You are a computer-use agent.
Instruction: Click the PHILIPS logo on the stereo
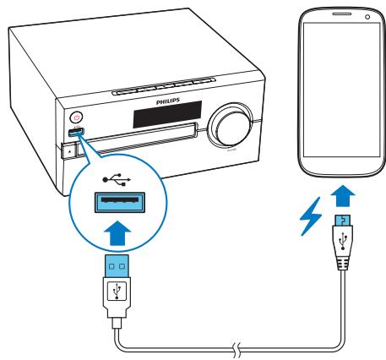[169, 99]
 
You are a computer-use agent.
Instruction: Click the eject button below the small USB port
[69, 151]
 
